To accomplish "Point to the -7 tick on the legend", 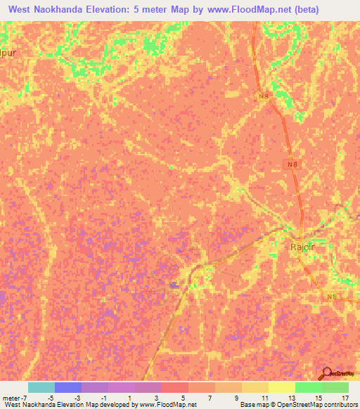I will [x=26, y=397].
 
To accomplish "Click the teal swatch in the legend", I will [x=41, y=387].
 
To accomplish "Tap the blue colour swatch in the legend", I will [x=67, y=387].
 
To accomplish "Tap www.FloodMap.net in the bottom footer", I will [x=167, y=405].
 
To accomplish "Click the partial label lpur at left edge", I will [x=6, y=52].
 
